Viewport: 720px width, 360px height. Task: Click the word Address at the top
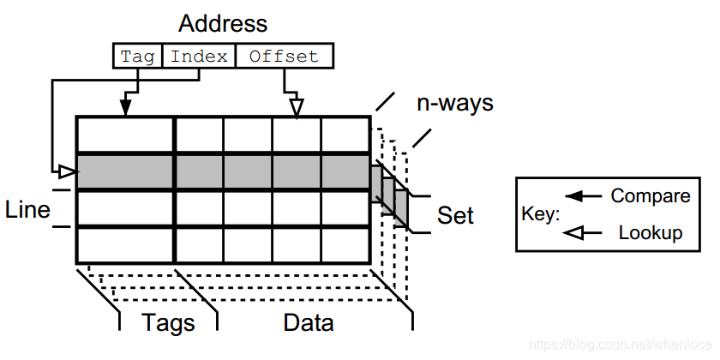(x=223, y=22)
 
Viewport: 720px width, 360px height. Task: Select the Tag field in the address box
(x=137, y=57)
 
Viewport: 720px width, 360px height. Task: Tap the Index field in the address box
(x=199, y=57)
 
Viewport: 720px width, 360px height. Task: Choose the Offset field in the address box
(x=284, y=57)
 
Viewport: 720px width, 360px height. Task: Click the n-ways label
(x=455, y=104)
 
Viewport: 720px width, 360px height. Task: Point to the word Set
(x=455, y=215)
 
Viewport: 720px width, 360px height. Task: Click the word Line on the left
(x=27, y=209)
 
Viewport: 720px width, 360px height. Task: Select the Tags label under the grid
(x=168, y=322)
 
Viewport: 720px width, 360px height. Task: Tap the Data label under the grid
(x=308, y=322)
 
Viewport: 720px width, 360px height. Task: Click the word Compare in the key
(x=650, y=196)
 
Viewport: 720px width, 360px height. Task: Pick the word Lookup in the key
(x=650, y=232)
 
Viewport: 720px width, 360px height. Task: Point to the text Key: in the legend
(x=540, y=214)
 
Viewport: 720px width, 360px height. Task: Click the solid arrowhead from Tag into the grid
(x=125, y=107)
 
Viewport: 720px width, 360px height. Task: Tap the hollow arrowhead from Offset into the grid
(x=297, y=107)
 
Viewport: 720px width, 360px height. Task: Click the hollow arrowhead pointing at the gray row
(x=69, y=172)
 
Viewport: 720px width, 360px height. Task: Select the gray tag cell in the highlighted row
(x=125, y=172)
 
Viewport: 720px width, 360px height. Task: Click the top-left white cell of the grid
(x=125, y=135)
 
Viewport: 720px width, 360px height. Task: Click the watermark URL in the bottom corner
(x=621, y=344)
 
